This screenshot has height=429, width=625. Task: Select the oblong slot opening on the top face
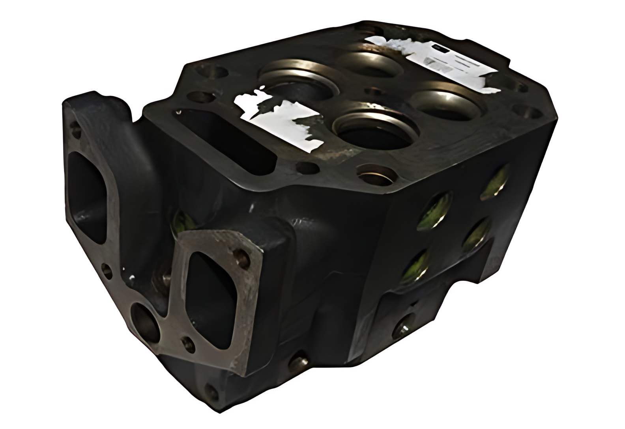coord(229,138)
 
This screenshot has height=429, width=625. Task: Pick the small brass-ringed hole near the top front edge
coord(375,173)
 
